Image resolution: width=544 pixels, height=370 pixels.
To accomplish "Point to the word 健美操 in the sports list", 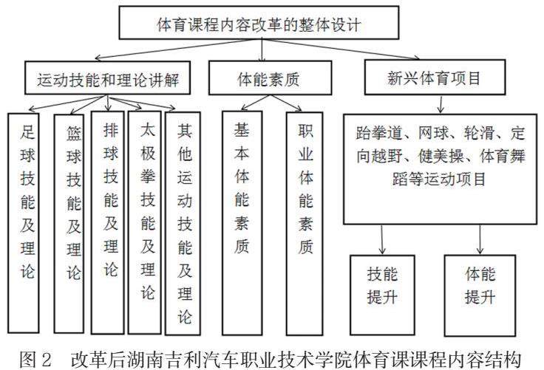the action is [441, 157].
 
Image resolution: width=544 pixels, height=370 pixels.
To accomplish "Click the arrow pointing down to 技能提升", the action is [382, 239].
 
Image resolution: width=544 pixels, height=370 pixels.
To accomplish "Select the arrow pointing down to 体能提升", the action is [480, 239].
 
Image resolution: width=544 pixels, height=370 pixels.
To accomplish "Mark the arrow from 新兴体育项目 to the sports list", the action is [441, 104].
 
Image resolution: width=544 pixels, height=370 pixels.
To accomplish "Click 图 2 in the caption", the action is [35, 360].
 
